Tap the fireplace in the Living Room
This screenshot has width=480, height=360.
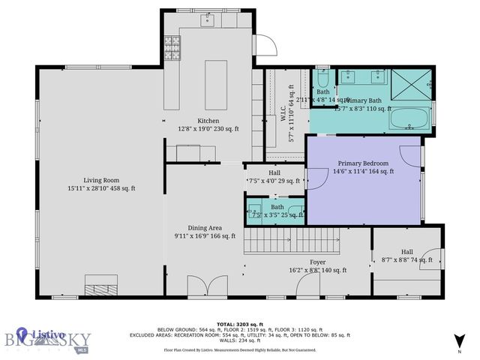(x=100, y=285)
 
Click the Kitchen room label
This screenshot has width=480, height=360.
(x=208, y=121)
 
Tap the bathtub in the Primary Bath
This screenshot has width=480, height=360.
(x=409, y=118)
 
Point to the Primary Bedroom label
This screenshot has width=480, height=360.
(x=363, y=163)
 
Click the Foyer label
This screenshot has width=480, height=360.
(x=317, y=262)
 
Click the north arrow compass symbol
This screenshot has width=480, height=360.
(x=460, y=340)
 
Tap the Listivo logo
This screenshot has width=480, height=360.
(x=37, y=337)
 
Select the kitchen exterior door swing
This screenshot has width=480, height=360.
(x=263, y=46)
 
